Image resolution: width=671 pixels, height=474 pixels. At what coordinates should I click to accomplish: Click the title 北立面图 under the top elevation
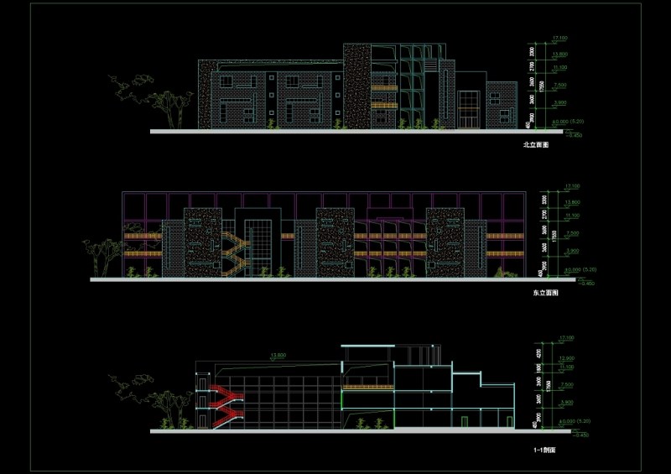tap(534, 145)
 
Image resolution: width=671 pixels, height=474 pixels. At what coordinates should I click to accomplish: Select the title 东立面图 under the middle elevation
tap(545, 294)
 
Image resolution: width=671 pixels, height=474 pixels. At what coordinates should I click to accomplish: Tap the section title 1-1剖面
tap(545, 451)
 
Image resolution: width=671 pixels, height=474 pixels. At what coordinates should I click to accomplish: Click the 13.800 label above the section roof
tap(276, 356)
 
